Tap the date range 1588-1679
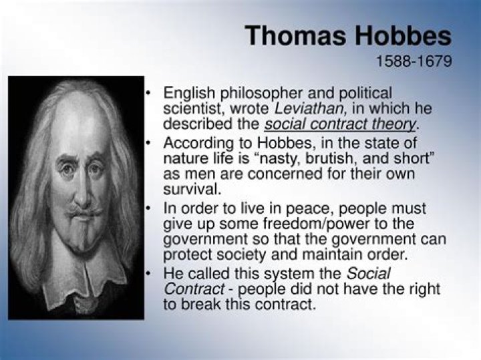pyautogui.click(x=414, y=62)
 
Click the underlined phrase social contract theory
pyautogui.click(x=341, y=124)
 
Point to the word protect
pyautogui.click(x=186, y=255)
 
